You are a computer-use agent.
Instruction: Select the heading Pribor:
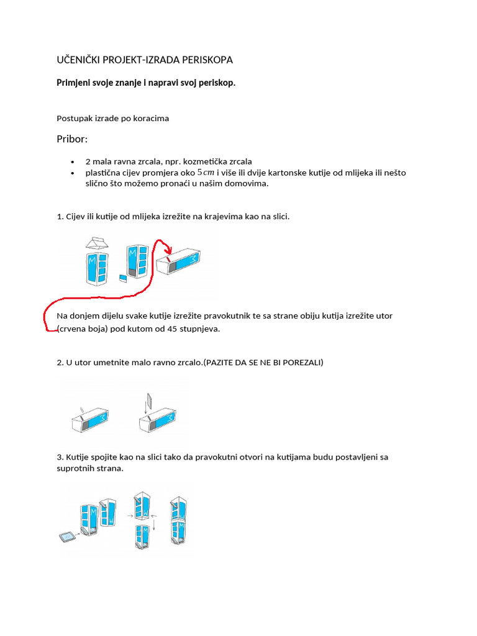click(73, 139)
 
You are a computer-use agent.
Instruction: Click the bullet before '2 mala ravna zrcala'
click(73, 161)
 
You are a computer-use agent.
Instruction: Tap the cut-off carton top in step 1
click(97, 243)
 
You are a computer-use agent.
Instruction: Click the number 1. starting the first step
click(60, 216)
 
